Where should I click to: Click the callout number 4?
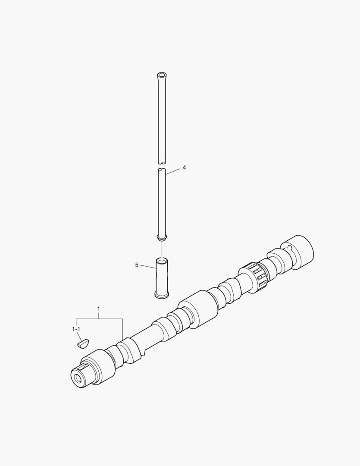click(184, 167)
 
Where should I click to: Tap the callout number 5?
click(137, 265)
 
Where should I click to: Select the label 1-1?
click(76, 329)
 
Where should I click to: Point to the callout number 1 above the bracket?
click(99, 309)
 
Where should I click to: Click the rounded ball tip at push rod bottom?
click(162, 238)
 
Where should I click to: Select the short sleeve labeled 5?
click(162, 277)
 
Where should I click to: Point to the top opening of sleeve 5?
click(162, 261)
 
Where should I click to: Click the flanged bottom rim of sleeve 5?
click(162, 294)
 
